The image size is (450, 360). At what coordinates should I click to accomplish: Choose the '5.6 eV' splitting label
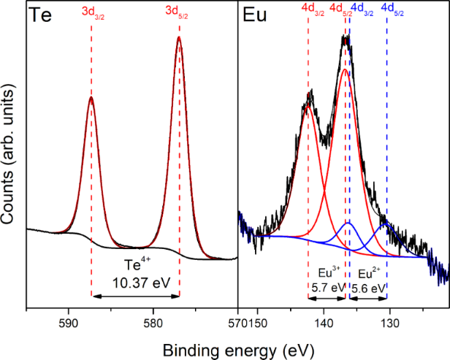[x=368, y=288]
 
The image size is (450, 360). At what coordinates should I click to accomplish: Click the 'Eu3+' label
[x=329, y=272]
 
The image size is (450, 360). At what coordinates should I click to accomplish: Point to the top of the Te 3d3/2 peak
[x=91, y=97]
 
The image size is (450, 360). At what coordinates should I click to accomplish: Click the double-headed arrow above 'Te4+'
[x=135, y=296]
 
